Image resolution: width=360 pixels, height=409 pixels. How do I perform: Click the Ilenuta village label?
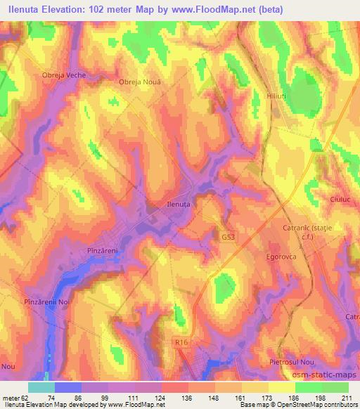pos(177,203)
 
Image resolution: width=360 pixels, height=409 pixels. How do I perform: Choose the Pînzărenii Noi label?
pos(47,301)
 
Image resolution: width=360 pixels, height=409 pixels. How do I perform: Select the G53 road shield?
pos(227,238)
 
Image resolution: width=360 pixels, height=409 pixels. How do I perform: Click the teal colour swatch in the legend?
pos(41,387)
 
